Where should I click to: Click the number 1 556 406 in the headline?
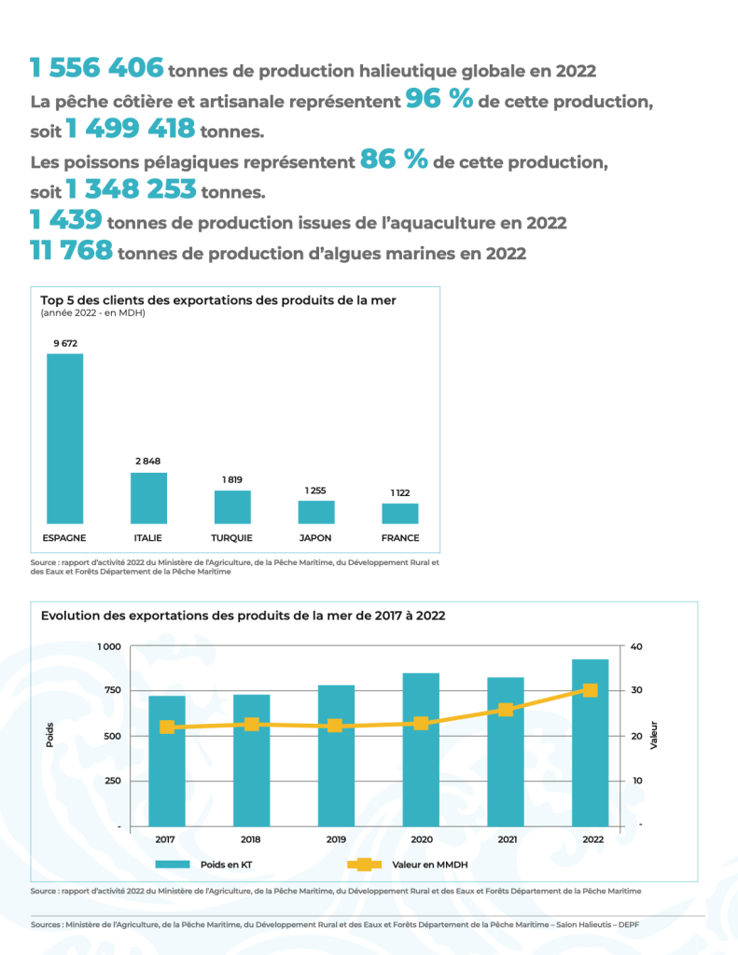point(97,68)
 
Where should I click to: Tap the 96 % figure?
point(439,99)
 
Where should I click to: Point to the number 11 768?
point(71,250)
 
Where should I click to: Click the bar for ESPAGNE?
point(64,437)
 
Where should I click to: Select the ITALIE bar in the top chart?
point(148,497)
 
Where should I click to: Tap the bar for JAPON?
point(316,511)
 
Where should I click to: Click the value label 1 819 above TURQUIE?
point(232,479)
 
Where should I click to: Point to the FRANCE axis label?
point(400,538)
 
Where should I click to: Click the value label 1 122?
point(400,492)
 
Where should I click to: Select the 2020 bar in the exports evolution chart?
point(421,749)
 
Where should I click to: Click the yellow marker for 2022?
point(590,690)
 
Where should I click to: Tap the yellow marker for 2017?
point(167,727)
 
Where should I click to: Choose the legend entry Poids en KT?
point(226,865)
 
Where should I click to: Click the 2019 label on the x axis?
point(336,839)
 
